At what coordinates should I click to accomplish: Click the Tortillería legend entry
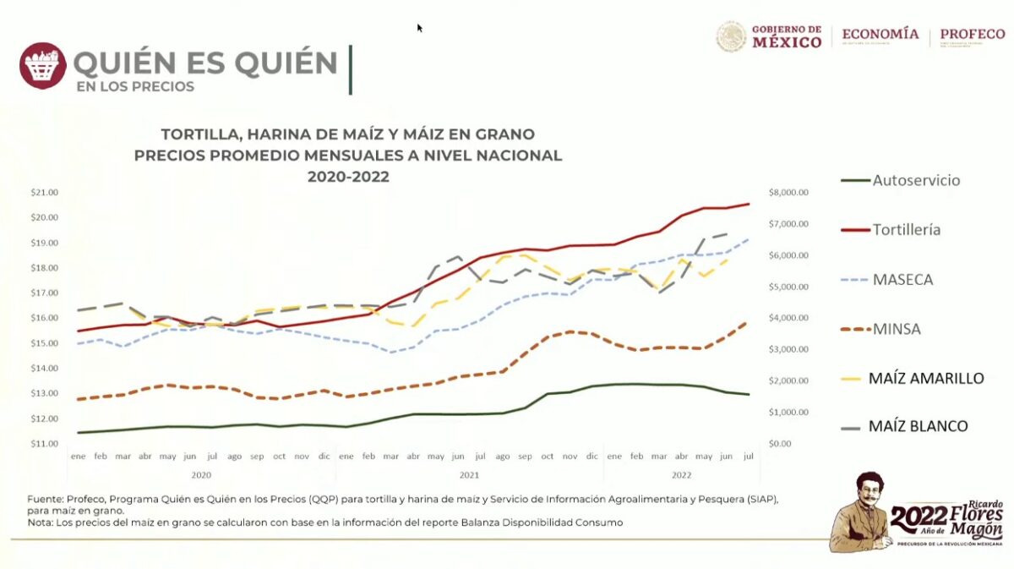[907, 229]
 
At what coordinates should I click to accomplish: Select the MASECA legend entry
[903, 279]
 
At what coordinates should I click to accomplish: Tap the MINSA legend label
[897, 328]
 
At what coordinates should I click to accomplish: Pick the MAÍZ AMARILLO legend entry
[926, 378]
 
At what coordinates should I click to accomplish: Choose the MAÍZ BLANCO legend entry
[918, 426]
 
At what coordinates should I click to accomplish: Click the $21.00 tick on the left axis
[44, 193]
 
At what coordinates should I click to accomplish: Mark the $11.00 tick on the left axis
[44, 444]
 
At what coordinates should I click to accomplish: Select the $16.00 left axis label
[44, 318]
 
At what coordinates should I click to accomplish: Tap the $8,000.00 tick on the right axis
[789, 193]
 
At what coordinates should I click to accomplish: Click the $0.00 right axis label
[781, 444]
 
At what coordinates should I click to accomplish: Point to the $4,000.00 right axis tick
[789, 318]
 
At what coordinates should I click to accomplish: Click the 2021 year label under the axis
[470, 474]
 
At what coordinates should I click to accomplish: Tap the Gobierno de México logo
[769, 36]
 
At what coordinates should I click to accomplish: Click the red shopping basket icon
[42, 66]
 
